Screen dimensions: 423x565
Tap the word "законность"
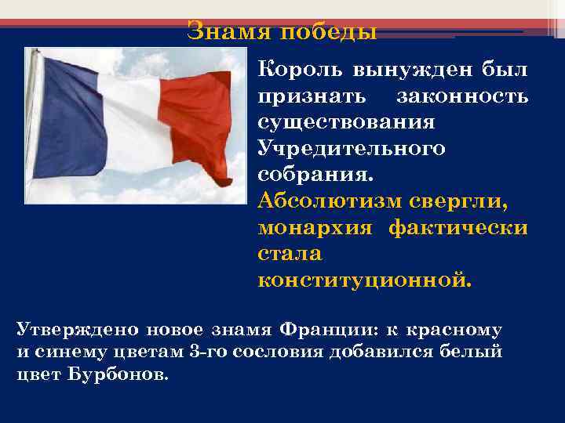[x=462, y=97]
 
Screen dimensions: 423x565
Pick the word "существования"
[x=346, y=123]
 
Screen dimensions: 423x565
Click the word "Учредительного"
[x=351, y=149]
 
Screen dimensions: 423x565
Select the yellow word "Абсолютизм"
[x=330, y=201]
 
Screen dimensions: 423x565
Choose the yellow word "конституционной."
[x=365, y=280]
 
